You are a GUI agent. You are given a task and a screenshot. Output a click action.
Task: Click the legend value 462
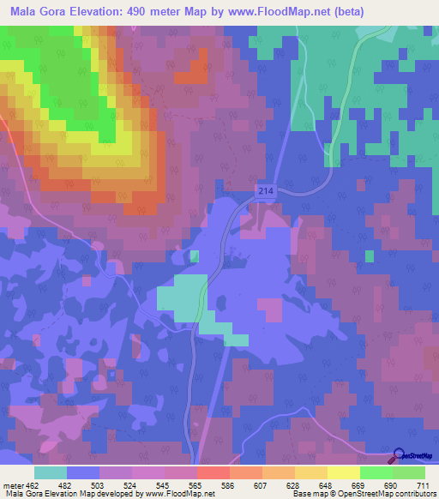point(33,485)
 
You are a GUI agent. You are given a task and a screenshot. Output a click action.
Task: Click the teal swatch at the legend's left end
point(51,472)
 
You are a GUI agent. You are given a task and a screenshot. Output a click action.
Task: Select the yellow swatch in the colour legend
point(344,472)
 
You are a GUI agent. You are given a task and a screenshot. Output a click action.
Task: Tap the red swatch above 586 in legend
point(213,472)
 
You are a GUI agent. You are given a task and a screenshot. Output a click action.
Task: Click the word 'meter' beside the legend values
point(13,485)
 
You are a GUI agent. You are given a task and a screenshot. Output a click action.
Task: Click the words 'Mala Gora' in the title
point(35,12)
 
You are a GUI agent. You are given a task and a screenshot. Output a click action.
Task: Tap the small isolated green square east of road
point(370,256)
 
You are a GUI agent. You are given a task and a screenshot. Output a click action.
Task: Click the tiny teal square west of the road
point(195,256)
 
